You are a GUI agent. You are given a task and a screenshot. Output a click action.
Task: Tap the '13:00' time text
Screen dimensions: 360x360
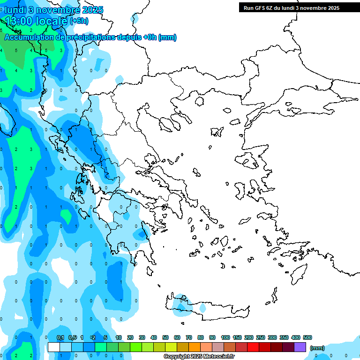(18, 21)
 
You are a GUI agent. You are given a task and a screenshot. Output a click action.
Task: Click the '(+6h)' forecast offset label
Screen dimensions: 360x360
(79, 21)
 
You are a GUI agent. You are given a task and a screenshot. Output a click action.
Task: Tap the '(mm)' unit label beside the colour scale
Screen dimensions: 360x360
(317, 347)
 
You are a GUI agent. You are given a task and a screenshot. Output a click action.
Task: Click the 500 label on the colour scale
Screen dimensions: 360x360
(307, 337)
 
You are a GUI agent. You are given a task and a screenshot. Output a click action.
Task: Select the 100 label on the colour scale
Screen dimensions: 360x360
(225, 337)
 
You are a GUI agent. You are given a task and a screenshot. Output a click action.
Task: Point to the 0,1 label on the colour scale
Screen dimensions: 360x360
(60, 337)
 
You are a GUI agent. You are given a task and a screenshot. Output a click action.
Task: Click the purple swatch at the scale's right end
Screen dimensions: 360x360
(300, 347)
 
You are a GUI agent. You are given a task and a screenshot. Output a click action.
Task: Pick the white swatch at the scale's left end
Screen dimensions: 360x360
(54, 347)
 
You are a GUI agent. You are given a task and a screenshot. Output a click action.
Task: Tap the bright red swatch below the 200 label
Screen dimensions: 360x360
(254, 347)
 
